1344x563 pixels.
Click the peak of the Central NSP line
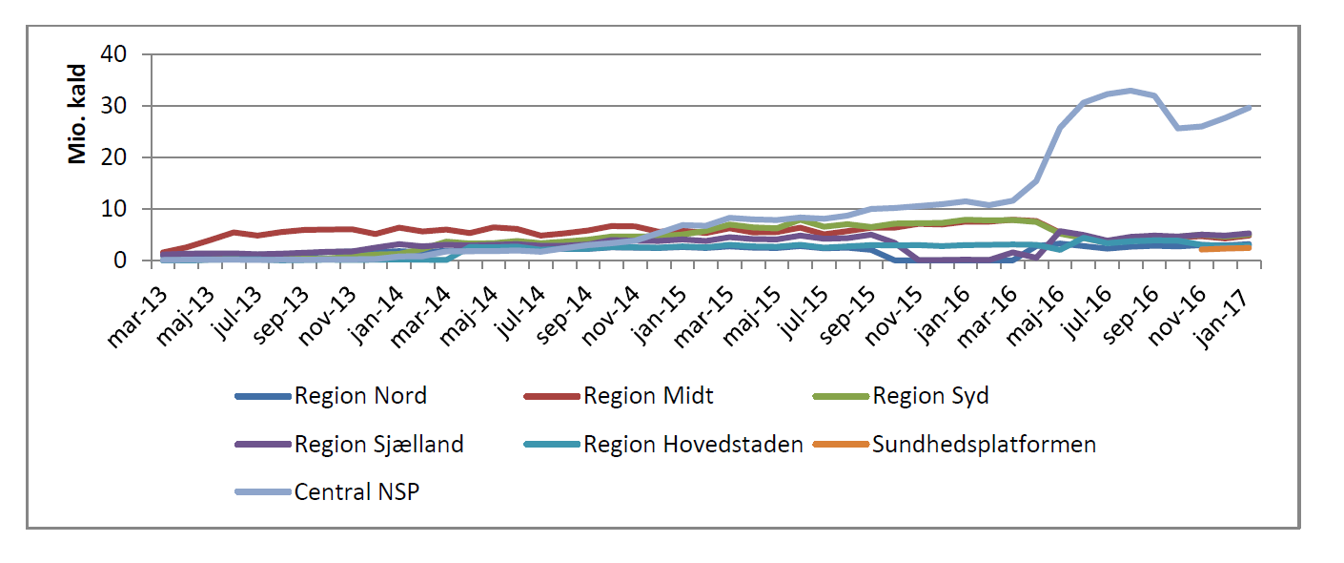[1130, 91]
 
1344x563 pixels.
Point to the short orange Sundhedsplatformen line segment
[1225, 248]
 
